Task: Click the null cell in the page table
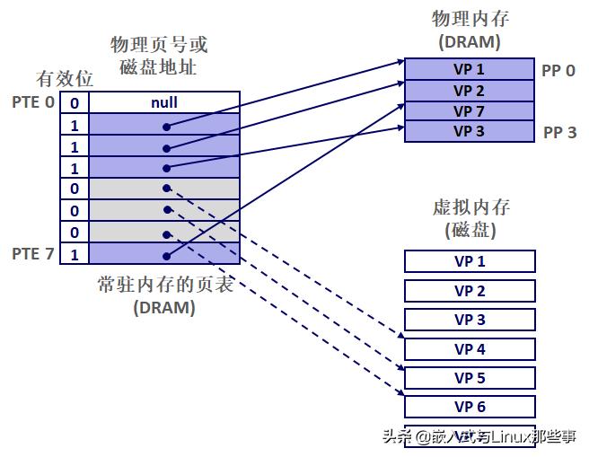coord(163,102)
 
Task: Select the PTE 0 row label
coord(33,102)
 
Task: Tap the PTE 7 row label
coord(33,254)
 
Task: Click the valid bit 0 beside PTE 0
coord(75,103)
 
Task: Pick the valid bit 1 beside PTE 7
coord(75,255)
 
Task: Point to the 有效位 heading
coord(62,78)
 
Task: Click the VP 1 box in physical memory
coord(469,69)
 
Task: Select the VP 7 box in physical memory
coord(469,111)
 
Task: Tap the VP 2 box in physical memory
coord(469,91)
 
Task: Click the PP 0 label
coord(558,69)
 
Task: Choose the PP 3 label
coord(559,133)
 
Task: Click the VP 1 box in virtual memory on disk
coord(470,261)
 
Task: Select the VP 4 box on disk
coord(470,348)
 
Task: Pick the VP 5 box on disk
coord(470,378)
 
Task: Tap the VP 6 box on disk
coord(470,407)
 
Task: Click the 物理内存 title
coord(469,19)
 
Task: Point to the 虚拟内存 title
coord(470,207)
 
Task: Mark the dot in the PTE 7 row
coord(167,254)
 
